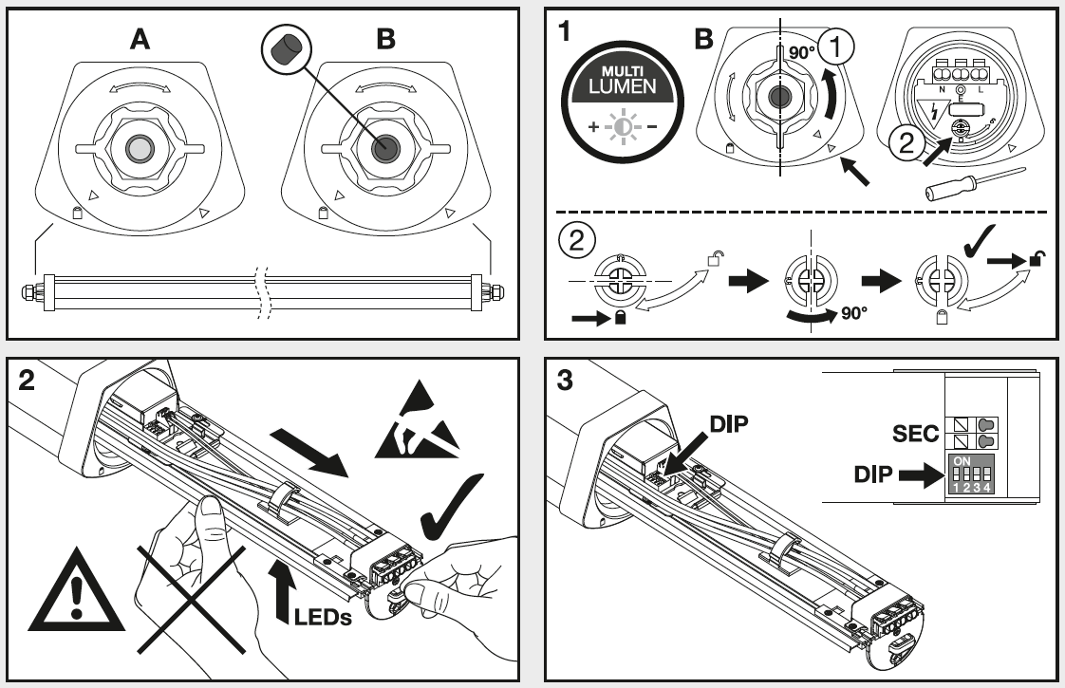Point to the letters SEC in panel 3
coord(915,434)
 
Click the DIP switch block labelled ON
coord(971,474)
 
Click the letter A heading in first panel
coord(140,39)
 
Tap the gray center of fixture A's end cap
coord(140,148)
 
